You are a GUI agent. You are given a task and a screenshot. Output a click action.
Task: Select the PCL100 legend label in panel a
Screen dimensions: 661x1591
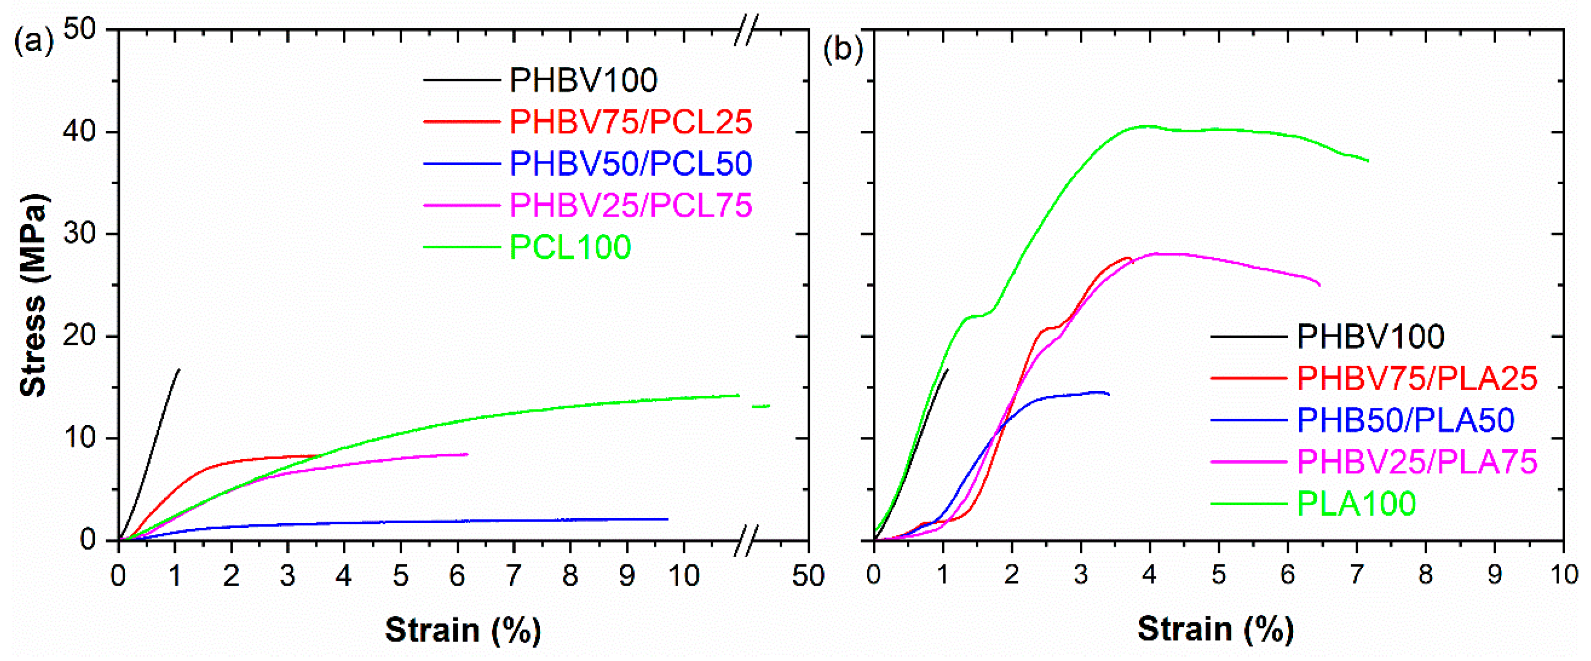pos(570,247)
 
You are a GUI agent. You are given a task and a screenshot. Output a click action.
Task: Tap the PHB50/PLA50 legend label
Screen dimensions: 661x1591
pos(1405,420)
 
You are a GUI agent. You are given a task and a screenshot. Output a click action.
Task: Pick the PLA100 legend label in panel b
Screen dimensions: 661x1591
pos(1356,504)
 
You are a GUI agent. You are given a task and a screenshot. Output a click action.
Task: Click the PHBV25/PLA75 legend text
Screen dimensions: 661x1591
pos(1417,462)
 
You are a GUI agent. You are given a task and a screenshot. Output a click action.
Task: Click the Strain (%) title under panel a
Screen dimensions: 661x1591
pos(463,630)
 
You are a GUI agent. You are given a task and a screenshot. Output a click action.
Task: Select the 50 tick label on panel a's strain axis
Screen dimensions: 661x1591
pos(808,576)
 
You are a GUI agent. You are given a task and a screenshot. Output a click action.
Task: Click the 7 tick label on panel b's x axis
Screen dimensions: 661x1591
pos(1356,575)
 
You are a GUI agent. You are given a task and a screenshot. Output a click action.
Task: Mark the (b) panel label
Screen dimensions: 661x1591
pos(843,48)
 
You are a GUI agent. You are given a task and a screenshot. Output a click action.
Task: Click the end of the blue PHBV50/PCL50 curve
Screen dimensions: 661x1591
pos(667,519)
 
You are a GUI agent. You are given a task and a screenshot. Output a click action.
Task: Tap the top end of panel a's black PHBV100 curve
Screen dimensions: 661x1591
pos(179,369)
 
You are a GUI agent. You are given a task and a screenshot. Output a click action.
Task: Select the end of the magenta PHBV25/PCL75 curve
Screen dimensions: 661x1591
pos(467,454)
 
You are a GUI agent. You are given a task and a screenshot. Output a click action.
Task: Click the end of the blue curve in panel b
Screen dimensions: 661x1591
pos(1109,394)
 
